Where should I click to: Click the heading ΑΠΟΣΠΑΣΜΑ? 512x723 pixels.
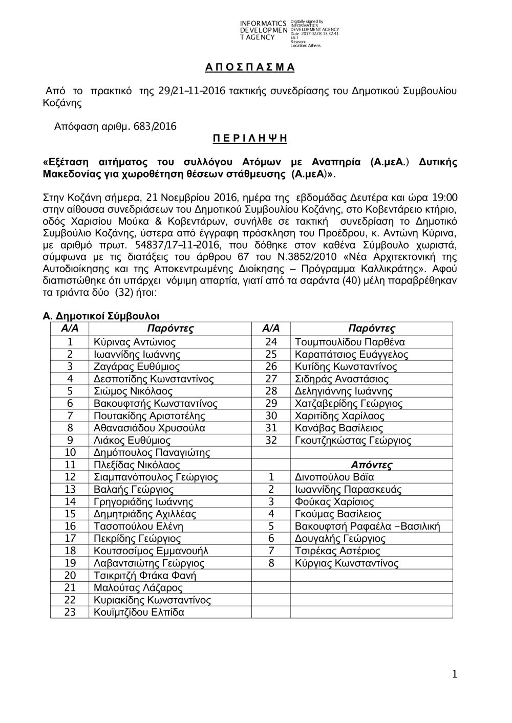250,68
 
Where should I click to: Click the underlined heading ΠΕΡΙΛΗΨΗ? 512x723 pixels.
250,139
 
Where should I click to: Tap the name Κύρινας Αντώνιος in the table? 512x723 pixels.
135,342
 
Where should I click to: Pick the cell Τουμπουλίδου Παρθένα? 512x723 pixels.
350,342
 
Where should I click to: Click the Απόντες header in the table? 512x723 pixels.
371,465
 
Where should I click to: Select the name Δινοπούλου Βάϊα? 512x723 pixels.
334,477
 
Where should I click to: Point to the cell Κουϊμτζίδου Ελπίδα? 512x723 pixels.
139,612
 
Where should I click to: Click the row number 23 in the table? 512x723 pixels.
70,612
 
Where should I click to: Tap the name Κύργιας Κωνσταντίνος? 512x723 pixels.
347,563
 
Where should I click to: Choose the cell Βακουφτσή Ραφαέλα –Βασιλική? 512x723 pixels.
367,527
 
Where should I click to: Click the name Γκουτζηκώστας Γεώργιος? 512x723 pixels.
353,441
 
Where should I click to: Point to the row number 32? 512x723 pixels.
271,441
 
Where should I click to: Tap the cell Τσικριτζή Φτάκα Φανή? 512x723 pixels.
145,576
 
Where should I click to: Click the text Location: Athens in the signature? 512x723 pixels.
305,46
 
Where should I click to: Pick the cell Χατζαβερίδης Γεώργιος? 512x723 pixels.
349,404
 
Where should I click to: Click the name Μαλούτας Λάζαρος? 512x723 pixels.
138,588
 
